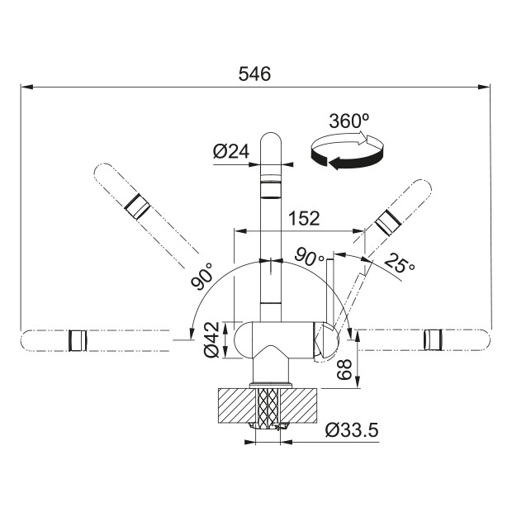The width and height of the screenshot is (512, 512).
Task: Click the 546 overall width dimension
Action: pyautogui.click(x=254, y=73)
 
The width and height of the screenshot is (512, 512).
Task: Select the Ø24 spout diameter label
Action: pyautogui.click(x=231, y=151)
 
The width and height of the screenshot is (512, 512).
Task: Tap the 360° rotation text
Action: pyautogui.click(x=349, y=121)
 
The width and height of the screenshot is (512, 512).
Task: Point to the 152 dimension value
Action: pyautogui.click(x=304, y=218)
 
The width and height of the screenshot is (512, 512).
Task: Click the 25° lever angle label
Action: pyautogui.click(x=399, y=263)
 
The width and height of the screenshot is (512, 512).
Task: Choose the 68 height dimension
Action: pyautogui.click(x=344, y=370)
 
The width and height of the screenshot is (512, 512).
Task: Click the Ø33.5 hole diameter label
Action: pyautogui.click(x=352, y=430)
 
